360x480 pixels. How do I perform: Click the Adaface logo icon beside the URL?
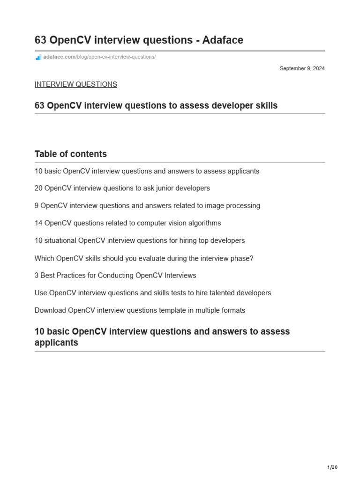click(38, 57)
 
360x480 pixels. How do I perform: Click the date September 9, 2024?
click(302, 68)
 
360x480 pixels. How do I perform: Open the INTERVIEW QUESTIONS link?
click(75, 84)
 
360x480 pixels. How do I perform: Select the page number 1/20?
click(332, 467)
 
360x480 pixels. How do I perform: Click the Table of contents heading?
click(71, 154)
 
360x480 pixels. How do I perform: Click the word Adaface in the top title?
click(223, 40)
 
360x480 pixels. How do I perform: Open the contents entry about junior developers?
click(122, 188)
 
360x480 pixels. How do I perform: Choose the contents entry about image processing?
click(147, 205)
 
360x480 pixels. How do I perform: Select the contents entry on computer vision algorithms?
click(127, 223)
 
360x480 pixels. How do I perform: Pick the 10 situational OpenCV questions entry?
click(140, 240)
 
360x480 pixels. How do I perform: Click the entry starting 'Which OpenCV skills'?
click(144, 258)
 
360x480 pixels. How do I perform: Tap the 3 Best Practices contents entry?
click(115, 276)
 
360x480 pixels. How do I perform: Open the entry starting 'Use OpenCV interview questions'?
click(153, 293)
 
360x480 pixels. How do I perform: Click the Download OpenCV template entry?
click(140, 310)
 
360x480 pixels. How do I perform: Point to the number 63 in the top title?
click(40, 40)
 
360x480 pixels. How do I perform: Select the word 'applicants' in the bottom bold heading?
click(56, 343)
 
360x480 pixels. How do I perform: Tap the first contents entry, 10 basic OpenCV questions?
click(147, 171)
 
